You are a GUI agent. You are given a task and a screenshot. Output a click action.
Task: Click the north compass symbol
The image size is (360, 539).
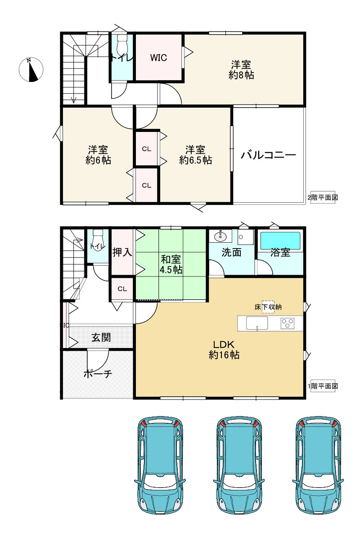[x=31, y=70]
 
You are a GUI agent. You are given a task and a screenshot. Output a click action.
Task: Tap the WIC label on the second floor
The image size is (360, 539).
[x=158, y=58]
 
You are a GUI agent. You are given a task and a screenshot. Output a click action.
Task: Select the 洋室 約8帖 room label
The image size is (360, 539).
[x=242, y=70]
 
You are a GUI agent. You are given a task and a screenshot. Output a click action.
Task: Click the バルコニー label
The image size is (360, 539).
[x=268, y=156]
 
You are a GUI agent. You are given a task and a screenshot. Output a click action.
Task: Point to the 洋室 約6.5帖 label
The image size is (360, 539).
[x=195, y=154]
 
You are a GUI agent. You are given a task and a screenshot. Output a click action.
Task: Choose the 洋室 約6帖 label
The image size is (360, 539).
[x=99, y=154]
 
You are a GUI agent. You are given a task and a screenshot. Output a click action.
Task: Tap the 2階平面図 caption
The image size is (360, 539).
[x=322, y=197]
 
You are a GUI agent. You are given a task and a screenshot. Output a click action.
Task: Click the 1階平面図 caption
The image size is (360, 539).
[x=322, y=386]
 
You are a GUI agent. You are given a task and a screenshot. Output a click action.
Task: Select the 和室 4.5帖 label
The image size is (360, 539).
[x=171, y=264]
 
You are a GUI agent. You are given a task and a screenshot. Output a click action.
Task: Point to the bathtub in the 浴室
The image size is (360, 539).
[x=280, y=239]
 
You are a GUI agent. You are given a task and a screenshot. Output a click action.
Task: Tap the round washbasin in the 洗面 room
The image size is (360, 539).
[x=220, y=236]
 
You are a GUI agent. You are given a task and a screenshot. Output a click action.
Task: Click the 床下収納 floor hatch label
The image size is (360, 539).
[x=269, y=307]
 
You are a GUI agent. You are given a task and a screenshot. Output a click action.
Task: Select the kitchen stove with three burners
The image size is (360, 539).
[x=288, y=323]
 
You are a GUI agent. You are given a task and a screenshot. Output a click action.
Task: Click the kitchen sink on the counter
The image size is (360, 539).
[x=257, y=323]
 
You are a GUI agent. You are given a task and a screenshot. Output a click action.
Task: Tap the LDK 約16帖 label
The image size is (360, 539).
[x=224, y=349]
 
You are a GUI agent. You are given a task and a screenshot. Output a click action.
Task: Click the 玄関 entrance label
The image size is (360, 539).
[x=101, y=337]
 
